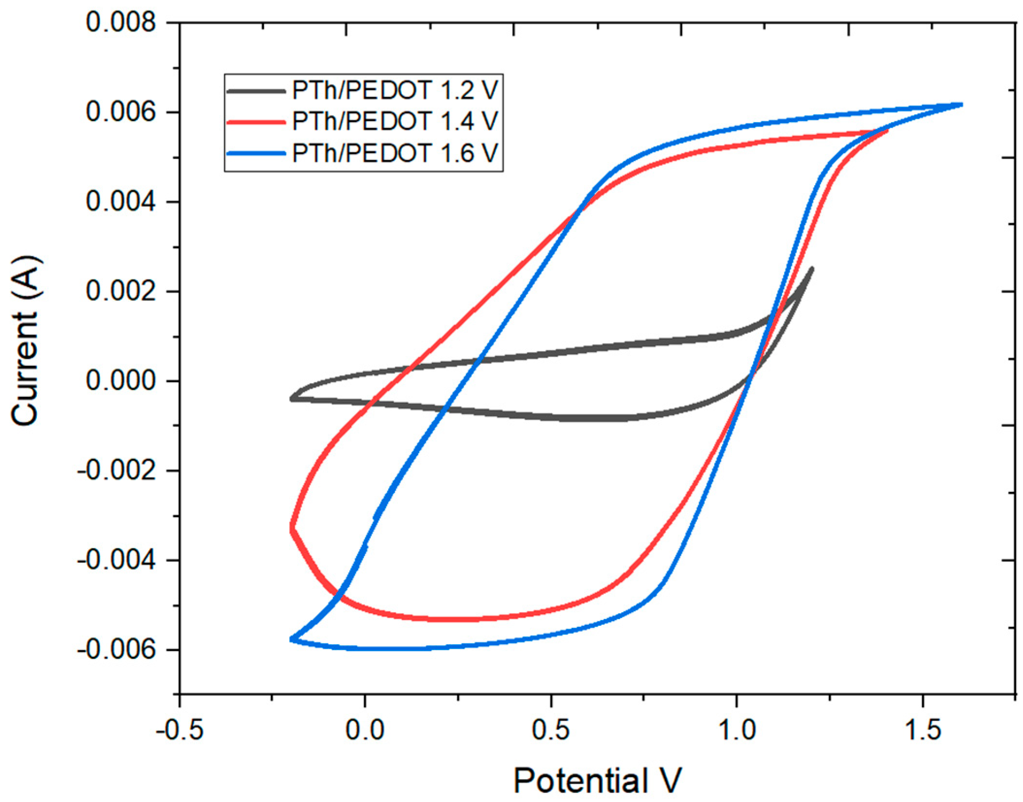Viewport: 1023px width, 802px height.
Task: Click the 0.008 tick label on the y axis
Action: point(121,22)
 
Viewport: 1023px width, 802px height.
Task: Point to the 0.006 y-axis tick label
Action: point(121,112)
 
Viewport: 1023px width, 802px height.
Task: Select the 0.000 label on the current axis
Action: point(121,381)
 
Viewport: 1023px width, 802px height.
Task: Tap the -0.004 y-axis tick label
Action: point(116,560)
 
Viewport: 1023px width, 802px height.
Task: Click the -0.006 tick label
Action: point(116,650)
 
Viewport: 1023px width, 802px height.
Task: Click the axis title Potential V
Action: point(597,781)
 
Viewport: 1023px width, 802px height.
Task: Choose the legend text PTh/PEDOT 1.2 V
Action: point(395,90)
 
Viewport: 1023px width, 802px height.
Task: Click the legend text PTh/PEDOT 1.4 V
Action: point(395,121)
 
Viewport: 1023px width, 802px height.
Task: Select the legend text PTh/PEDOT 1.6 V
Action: point(395,153)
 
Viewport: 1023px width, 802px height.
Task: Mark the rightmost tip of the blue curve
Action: point(960,104)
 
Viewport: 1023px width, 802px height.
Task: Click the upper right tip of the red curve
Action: point(887,131)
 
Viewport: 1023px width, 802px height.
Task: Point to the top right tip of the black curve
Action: point(812,269)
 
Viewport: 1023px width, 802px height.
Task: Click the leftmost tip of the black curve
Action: point(292,399)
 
